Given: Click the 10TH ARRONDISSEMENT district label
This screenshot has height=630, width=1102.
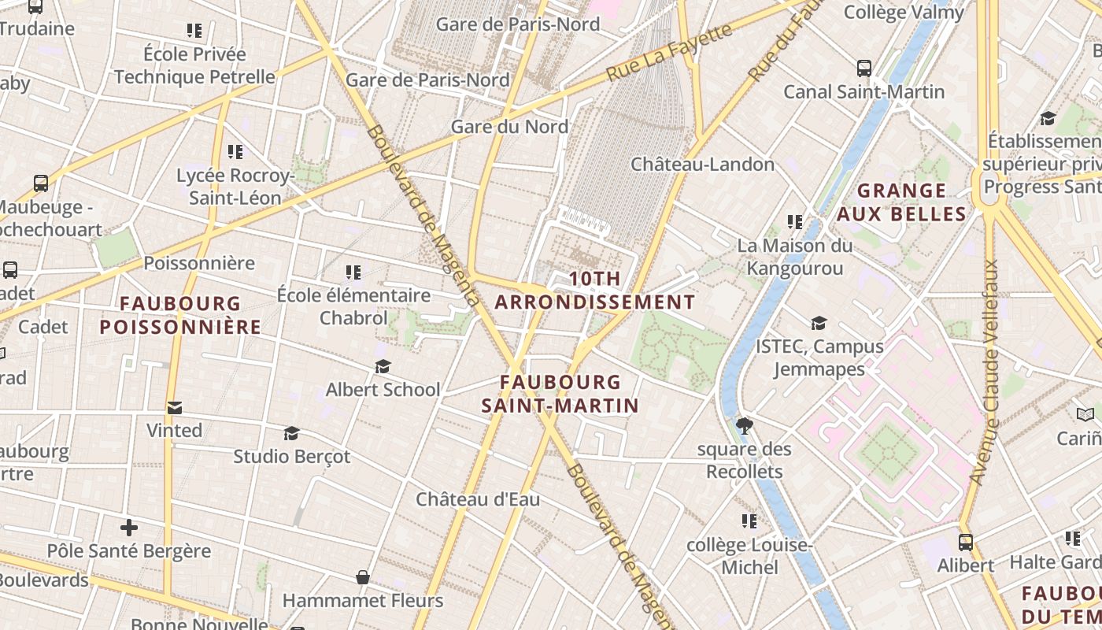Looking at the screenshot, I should pos(595,291).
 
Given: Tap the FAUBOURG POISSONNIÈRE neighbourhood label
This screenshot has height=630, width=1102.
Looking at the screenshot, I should pos(180,315).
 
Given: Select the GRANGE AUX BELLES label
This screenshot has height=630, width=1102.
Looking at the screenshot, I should pos(901,202).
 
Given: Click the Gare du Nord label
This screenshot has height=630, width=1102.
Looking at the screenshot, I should pos(509,127).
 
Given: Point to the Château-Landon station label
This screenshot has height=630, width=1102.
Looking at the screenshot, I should pos(703,165).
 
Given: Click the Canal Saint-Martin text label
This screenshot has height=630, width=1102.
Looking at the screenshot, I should pos(863,92).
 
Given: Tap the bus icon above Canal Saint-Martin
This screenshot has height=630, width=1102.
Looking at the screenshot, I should pos(864,69).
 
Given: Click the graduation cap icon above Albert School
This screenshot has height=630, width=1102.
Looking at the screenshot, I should pos(383,367).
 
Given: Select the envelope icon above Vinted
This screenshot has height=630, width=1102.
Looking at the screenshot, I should pos(175,408).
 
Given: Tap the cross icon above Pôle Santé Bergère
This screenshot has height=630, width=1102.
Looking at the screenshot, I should pos(129,528).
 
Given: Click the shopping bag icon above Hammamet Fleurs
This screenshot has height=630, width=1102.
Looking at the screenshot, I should pos(362,578).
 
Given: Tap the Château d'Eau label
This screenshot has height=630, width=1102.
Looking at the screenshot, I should pos(478,500).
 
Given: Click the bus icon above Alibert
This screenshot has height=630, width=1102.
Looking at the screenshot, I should pos(965,543).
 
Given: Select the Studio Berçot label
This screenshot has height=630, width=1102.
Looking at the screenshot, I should pos(292,457).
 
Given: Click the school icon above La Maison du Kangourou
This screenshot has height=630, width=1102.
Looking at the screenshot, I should pos(795,223).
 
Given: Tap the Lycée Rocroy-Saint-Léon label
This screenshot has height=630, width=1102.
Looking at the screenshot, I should pos(235,187).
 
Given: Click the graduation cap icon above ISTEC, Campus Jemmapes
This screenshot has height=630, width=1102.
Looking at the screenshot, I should pos(819,324).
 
